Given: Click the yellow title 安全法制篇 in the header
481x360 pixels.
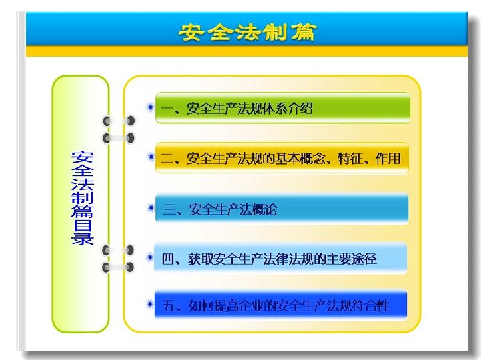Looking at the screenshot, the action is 247,32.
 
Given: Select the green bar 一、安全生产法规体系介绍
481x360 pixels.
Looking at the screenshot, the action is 283,108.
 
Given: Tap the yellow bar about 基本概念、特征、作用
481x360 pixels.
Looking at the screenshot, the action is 282,159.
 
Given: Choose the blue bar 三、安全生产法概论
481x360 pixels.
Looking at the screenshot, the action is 282,209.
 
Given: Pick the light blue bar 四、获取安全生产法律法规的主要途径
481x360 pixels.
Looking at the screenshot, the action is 280,258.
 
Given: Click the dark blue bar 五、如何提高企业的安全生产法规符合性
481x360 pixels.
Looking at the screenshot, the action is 280,305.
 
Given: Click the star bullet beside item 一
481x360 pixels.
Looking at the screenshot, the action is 151,107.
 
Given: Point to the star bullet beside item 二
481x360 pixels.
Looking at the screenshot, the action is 151,157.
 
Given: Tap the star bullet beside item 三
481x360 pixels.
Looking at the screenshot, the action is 151,208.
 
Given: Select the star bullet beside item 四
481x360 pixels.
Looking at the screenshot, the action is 150,257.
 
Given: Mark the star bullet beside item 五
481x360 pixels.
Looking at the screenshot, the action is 150,304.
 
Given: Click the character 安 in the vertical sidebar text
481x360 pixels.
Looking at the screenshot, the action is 82,157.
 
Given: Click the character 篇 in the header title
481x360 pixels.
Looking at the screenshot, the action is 303,32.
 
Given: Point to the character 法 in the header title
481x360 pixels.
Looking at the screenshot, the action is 248,32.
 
